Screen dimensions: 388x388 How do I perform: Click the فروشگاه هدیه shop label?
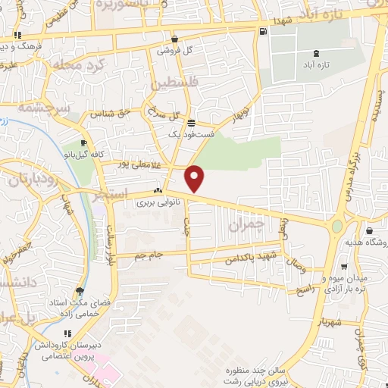pyautogui.click(x=370, y=244)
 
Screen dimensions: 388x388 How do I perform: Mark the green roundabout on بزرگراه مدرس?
pyautogui.click(x=337, y=226)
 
